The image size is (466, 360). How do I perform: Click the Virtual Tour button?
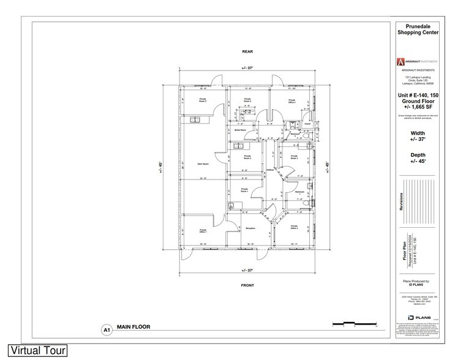(34, 351)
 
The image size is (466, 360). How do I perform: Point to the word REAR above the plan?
(247, 51)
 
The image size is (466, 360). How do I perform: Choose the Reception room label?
(250, 228)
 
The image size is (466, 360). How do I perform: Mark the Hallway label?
(271, 171)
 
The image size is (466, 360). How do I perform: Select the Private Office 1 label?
(203, 231)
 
